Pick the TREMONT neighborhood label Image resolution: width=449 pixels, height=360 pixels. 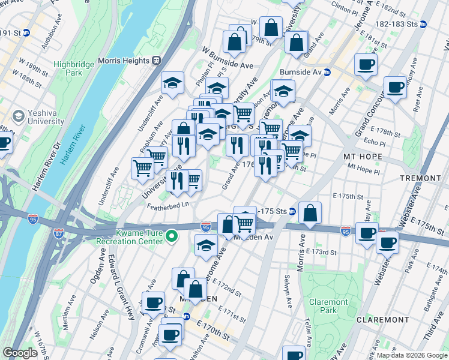(421, 179)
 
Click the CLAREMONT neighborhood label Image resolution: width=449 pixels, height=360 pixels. (382, 320)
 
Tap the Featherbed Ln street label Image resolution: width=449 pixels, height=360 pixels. (168, 205)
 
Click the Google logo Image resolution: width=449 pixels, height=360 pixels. (20, 353)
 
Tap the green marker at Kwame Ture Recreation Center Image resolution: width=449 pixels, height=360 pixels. (171, 236)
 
